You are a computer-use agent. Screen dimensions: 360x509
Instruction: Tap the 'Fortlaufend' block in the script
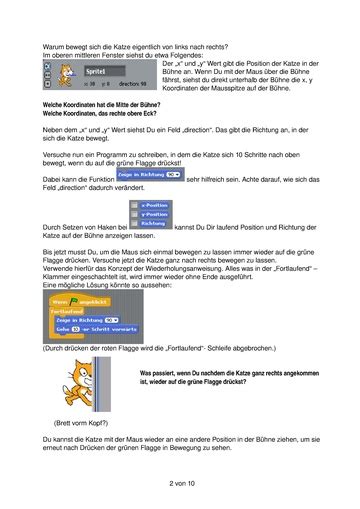pos(72,311)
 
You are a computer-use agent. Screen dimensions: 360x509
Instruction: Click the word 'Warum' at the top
pos(54,47)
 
